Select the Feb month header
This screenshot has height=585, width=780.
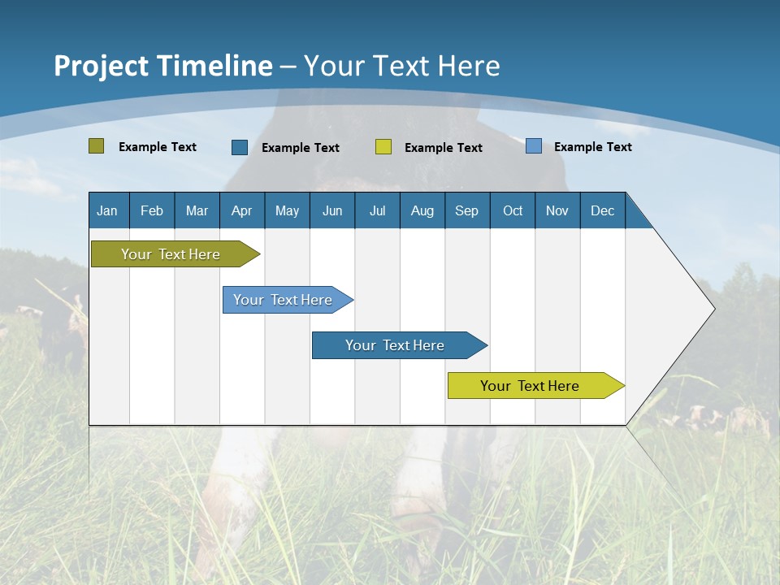tap(152, 210)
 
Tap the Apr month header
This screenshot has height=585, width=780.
tap(242, 210)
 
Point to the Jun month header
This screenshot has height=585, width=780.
tap(332, 210)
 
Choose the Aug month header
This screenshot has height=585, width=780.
tap(422, 210)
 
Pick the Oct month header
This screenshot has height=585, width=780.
tap(513, 210)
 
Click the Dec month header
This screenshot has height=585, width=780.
tap(602, 210)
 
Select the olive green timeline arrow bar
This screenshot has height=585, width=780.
tap(175, 253)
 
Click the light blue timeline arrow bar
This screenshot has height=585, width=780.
tap(288, 300)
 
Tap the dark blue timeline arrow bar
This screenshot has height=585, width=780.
tap(400, 345)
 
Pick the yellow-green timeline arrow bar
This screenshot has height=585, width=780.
tap(536, 385)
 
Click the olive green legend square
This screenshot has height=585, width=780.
tap(96, 145)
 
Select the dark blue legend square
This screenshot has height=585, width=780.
tap(240, 147)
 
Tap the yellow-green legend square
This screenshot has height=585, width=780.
tap(383, 147)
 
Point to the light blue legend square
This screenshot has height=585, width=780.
tap(534, 145)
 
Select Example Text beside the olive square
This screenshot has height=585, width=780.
tap(157, 147)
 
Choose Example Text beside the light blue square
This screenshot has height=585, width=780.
tap(593, 147)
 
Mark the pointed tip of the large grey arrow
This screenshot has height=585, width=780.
tap(715, 309)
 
